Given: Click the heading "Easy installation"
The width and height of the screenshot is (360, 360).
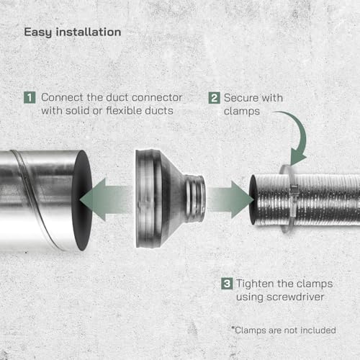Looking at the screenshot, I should pos(72,32).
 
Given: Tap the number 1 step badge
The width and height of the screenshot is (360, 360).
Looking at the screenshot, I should pos(30,96).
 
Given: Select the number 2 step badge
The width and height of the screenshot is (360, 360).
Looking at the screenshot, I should pos(215,96).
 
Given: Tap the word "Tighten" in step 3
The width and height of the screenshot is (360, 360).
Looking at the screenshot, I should pos(255,283).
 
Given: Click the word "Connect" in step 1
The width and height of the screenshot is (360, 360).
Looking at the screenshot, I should pos(60,96).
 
